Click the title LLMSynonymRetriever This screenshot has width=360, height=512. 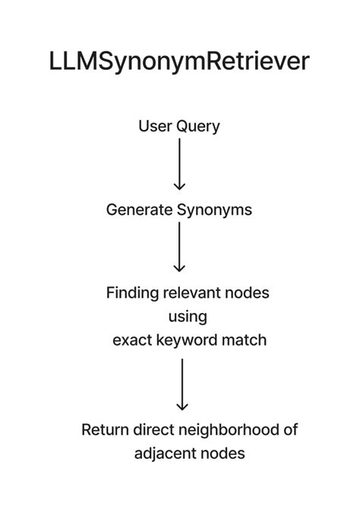179,62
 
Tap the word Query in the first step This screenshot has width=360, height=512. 198,127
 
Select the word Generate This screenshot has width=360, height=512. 139,210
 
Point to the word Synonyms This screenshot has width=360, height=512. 214,210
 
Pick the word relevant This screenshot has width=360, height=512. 193,292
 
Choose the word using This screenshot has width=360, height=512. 187,317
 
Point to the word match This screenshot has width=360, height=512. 245,340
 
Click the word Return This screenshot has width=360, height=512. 105,430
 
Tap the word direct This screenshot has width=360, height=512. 153,430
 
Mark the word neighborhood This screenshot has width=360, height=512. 229,430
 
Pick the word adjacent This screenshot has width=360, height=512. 166,454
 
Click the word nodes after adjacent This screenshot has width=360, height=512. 224,454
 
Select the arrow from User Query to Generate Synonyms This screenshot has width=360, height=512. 179,164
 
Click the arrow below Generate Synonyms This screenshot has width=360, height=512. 179,247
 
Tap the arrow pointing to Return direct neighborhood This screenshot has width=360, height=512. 182,384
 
